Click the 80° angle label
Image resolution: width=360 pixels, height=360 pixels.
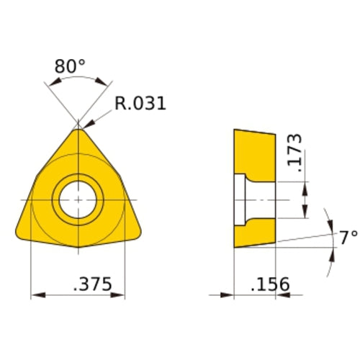point(70,67)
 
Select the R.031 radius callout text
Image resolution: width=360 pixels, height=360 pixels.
point(140,103)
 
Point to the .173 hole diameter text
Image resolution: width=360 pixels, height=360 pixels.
point(294,150)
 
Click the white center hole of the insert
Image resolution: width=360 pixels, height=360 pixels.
point(78,199)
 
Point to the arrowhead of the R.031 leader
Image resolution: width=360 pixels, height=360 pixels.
point(86,129)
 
